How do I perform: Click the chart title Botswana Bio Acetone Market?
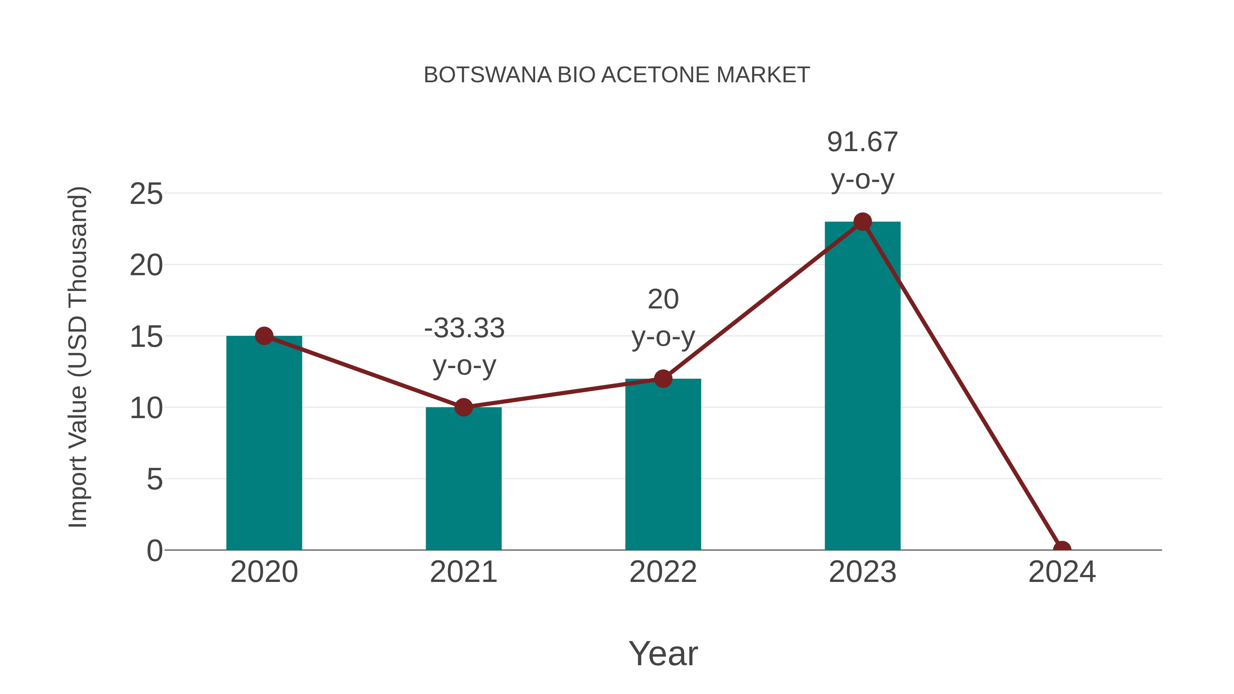tap(617, 75)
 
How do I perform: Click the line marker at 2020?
tap(264, 336)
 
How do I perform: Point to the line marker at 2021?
tap(463, 407)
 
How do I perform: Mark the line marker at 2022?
tap(663, 379)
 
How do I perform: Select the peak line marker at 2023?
tap(862, 222)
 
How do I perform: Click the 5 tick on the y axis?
tap(155, 479)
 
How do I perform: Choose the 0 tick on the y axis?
tap(155, 550)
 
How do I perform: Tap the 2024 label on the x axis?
tap(1062, 572)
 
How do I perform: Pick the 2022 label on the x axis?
tap(663, 572)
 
